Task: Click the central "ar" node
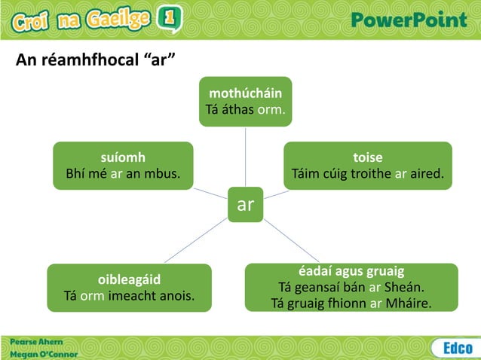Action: pos(245,205)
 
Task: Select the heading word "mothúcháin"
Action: pos(246,93)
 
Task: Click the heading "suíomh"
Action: pos(123,157)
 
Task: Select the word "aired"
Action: pos(427,174)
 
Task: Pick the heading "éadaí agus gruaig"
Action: pos(351,270)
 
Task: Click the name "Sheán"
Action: pos(406,287)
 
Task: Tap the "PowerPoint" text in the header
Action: pos(410,20)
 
